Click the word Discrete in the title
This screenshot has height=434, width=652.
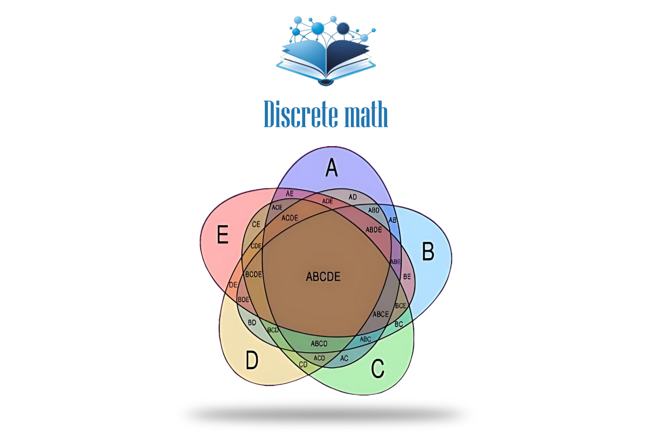(301, 114)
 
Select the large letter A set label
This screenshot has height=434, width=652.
(332, 168)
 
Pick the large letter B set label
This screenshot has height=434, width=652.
(428, 251)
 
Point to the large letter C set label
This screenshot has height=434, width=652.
(378, 368)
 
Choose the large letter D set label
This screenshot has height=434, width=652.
(252, 360)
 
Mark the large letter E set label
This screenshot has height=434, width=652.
(222, 235)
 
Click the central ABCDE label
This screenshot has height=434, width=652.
(323, 277)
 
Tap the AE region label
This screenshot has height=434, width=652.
(289, 194)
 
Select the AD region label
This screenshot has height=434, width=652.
(352, 197)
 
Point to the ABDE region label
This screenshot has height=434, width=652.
(374, 230)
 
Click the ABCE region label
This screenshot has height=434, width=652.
(381, 314)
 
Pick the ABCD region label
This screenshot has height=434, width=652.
(319, 344)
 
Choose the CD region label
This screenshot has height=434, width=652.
(303, 365)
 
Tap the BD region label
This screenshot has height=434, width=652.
(252, 323)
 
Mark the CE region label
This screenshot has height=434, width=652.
(256, 224)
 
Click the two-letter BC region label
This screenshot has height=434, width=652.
(399, 324)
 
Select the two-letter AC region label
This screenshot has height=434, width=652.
(344, 358)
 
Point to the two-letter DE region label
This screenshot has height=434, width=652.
(233, 285)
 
